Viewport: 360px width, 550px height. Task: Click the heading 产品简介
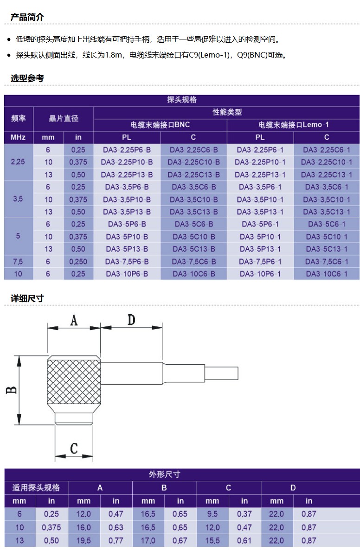27,17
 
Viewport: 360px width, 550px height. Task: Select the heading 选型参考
27,78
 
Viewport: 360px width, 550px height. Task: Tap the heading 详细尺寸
27,298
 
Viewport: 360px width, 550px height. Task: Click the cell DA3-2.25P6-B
127,150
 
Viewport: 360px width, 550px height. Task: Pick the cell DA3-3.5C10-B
193,200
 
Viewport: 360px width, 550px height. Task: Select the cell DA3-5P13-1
260,249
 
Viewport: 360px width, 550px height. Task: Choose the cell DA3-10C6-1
326,274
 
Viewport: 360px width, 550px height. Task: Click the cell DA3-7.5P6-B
127,262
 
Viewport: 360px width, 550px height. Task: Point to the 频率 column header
18,118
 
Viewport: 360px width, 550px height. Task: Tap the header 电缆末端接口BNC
160,125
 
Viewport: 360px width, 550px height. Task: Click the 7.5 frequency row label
18,262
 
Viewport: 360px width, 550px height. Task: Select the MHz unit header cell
18,137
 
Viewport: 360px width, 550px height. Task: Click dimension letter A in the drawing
74,320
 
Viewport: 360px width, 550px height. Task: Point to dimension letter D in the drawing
131,320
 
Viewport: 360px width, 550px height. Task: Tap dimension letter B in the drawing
11,390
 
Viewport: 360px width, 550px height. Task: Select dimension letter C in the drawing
74,448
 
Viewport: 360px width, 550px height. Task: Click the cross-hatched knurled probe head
74,384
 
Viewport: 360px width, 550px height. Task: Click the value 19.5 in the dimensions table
84,541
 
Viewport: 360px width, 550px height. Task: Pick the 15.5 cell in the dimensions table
212,541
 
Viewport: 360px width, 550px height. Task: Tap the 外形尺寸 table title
164,475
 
